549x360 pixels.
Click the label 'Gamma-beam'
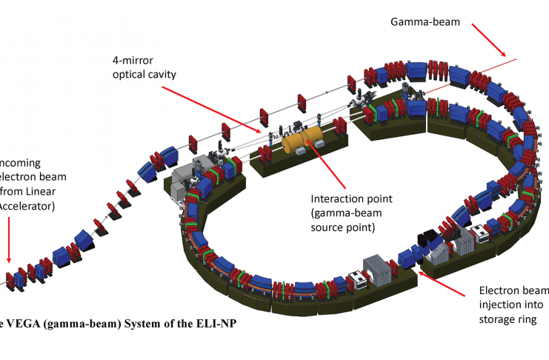425,21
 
